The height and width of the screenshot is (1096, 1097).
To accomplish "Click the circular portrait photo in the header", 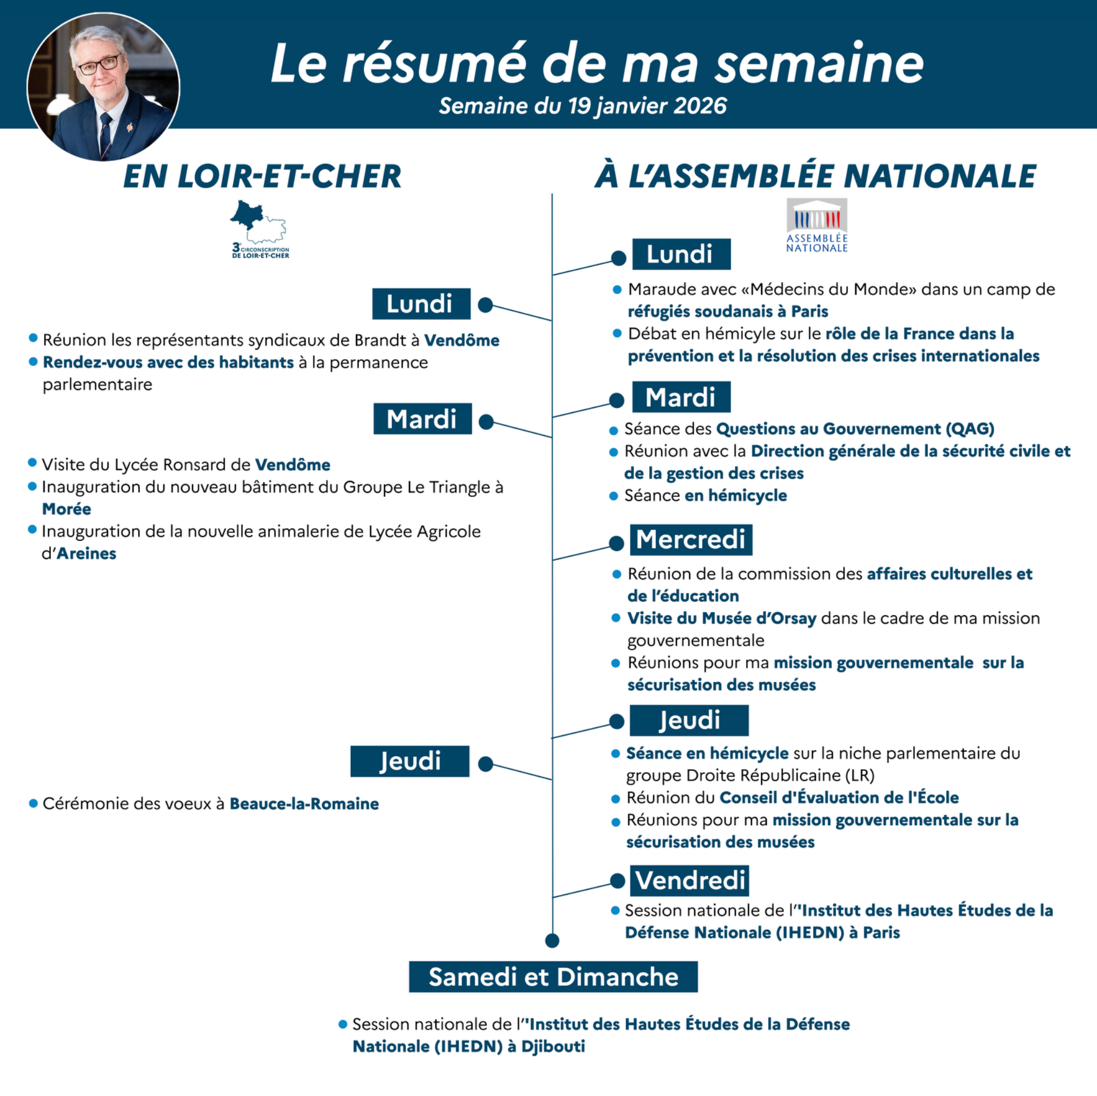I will [103, 87].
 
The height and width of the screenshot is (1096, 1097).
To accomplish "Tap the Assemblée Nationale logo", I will [816, 225].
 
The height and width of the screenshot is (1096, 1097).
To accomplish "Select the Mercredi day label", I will [691, 540].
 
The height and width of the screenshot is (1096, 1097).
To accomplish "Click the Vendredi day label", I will [690, 880].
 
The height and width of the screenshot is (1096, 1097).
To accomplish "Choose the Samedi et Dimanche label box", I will [553, 977].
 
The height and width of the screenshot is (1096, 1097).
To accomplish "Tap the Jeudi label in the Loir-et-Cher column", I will [410, 761].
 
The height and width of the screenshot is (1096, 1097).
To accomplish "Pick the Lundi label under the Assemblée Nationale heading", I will [680, 254].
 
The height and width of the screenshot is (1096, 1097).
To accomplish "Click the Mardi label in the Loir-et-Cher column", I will [422, 419].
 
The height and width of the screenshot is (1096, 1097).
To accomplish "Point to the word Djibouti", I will [553, 1046].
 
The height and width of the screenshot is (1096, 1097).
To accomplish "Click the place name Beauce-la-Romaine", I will [304, 804].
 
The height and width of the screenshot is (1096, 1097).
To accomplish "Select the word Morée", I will [66, 509].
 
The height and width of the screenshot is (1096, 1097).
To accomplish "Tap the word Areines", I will [86, 553].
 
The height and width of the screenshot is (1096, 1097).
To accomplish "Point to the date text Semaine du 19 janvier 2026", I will [583, 106].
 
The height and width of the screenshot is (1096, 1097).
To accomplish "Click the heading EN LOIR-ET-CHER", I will [262, 176].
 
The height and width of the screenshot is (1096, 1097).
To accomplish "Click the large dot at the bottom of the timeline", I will [552, 940].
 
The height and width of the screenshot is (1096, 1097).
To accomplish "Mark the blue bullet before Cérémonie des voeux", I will [33, 804].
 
